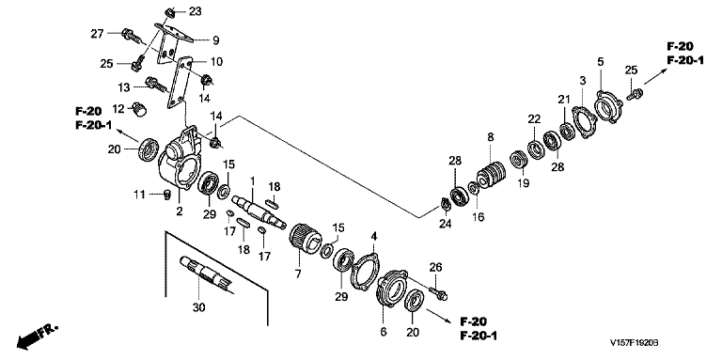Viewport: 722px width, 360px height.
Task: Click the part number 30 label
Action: tap(198, 308)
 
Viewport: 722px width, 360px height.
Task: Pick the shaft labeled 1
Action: tap(259, 212)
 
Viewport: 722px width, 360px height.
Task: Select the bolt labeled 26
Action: tap(437, 292)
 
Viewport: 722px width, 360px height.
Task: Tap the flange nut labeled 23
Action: tap(169, 11)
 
